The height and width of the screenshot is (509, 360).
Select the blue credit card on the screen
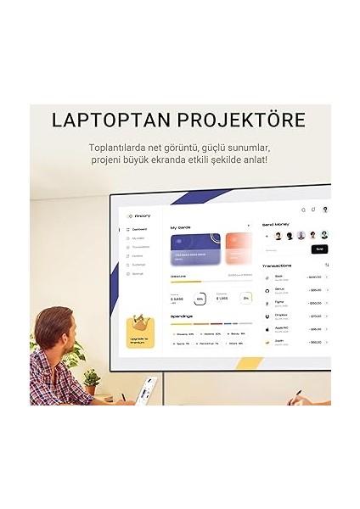(196, 251)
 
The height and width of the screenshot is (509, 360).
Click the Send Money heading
(277, 223)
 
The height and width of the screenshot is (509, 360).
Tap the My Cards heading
(182, 227)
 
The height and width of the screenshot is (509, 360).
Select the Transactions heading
(278, 266)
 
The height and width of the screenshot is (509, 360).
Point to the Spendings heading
(182, 316)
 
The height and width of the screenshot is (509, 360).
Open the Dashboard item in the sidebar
(138, 229)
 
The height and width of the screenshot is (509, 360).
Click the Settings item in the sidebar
(138, 273)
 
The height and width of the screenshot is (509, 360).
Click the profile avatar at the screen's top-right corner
(325, 209)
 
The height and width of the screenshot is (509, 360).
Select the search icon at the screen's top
(303, 209)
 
